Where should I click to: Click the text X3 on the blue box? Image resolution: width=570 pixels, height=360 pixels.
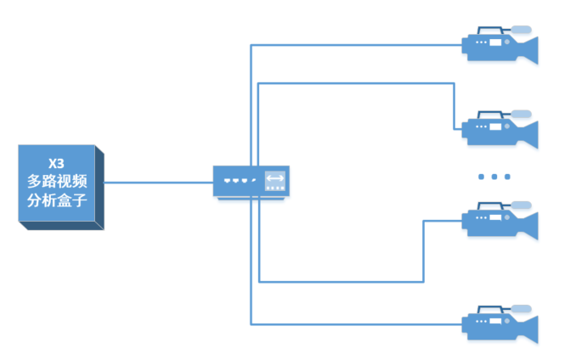[57, 162]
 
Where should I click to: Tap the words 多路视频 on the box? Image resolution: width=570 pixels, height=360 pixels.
[57, 181]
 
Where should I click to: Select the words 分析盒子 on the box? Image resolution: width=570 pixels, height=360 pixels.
[57, 200]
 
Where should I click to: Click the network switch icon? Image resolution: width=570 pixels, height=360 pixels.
[251, 181]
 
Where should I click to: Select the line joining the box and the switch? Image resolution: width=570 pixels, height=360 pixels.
[158, 182]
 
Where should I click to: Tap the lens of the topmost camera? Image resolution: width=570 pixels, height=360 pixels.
[527, 48]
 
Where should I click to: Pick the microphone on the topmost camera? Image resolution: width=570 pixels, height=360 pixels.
[518, 30]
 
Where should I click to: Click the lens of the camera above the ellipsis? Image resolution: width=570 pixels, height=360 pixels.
[527, 132]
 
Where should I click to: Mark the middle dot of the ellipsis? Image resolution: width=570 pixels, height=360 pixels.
[494, 177]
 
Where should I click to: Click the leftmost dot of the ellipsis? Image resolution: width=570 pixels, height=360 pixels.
[481, 177]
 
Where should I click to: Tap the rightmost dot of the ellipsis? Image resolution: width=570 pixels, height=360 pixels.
[508, 177]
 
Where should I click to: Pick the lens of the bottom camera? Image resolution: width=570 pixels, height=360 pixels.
[527, 328]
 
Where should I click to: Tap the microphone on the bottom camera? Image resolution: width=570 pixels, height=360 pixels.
[518, 308]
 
